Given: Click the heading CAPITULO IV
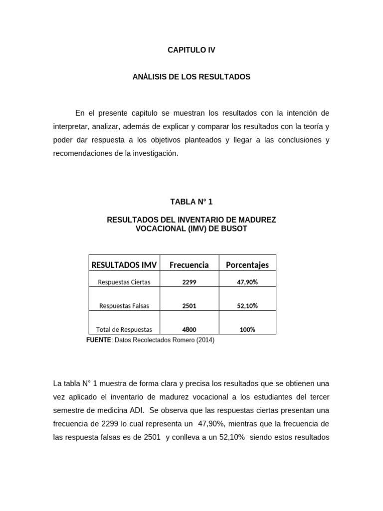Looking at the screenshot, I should pos(191,50).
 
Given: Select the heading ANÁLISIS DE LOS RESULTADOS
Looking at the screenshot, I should pos(191,77).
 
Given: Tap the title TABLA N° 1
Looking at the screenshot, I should pos(191,202).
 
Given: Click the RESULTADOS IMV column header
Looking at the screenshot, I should pos(124,264).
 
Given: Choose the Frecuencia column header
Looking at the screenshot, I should pos(189,264).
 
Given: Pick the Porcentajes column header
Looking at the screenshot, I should pos(247,264).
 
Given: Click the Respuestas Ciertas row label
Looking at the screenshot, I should pos(124,282).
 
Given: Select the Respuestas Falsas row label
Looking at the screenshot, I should pos(124,306).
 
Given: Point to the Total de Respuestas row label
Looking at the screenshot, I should pos(124,329).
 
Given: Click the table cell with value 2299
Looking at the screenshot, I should pos(189,282).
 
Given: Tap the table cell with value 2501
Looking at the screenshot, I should pos(189,306).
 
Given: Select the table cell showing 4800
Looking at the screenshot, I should pos(189,329).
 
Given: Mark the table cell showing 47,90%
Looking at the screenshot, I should pos(247,282).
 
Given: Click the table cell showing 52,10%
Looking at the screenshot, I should pos(247,306).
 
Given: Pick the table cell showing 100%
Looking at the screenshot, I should pos(247,329).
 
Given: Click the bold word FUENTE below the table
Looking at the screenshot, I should pos(98,340).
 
